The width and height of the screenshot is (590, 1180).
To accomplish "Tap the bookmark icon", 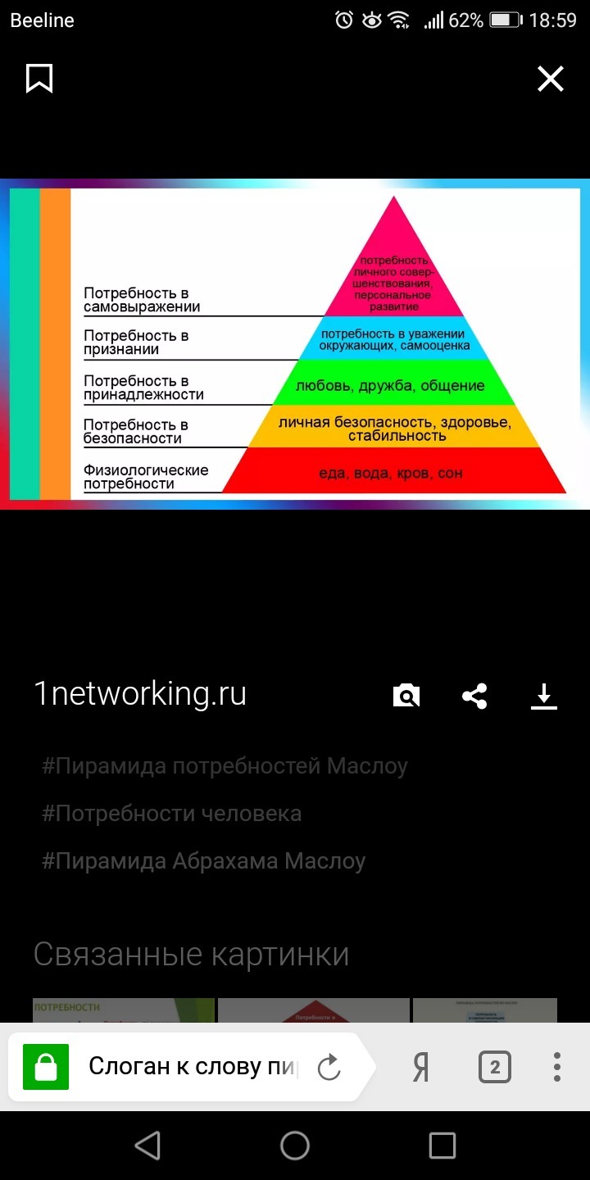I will click(x=39, y=79).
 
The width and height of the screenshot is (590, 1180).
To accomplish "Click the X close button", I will click(x=550, y=79).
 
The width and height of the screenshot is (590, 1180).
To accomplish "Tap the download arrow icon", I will click(x=543, y=697).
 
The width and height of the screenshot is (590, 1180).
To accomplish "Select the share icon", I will click(x=474, y=697).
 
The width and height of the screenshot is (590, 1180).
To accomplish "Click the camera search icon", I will click(x=406, y=697).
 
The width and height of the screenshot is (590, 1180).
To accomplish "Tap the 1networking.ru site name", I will click(x=140, y=694).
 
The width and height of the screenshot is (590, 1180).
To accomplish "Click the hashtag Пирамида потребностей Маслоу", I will click(x=225, y=766).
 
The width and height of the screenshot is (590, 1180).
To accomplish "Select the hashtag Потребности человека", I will click(x=172, y=814).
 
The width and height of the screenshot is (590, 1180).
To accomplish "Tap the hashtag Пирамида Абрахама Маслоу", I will click(x=204, y=861).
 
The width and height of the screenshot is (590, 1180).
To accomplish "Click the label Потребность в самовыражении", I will click(x=142, y=301).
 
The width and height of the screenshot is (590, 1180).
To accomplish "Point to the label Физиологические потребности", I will click(x=146, y=477).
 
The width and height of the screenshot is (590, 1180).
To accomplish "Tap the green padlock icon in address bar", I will click(x=46, y=1068).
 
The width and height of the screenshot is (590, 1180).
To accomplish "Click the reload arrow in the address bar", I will click(x=329, y=1068).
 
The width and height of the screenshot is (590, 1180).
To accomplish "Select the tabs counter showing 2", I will click(x=494, y=1068).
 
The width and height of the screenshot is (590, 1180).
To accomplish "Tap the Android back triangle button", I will click(x=147, y=1146).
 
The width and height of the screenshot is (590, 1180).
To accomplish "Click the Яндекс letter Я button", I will click(x=421, y=1068).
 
